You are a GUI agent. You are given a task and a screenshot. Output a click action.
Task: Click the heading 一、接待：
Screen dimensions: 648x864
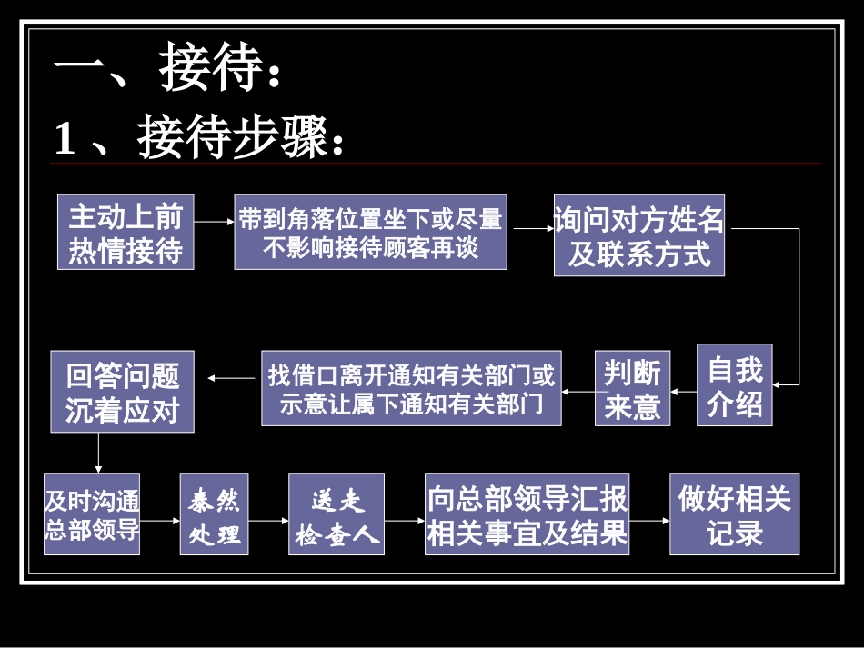click(x=168, y=71)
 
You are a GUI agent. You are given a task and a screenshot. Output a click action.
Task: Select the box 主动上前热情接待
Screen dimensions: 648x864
click(x=126, y=232)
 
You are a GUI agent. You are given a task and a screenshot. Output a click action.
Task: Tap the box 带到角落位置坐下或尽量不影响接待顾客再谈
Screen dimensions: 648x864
click(x=370, y=232)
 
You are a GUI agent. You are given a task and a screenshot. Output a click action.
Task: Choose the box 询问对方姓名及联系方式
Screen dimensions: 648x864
click(x=639, y=235)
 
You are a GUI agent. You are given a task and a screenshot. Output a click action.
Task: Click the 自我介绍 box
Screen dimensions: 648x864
click(x=735, y=384)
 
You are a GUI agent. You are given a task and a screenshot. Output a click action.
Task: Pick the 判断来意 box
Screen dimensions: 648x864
click(x=632, y=388)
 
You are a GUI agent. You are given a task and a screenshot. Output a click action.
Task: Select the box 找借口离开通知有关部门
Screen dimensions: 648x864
click(x=411, y=388)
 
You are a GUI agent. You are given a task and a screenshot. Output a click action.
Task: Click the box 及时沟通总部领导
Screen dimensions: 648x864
click(x=93, y=513)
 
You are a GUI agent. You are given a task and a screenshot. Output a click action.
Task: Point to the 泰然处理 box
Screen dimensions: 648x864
click(x=215, y=513)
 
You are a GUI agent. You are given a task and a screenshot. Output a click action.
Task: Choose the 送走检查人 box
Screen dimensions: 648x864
click(x=337, y=513)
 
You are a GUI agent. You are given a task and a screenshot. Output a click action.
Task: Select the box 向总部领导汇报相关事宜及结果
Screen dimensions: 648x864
click(x=527, y=513)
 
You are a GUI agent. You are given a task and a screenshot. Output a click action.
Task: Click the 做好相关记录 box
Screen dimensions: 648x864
click(x=735, y=513)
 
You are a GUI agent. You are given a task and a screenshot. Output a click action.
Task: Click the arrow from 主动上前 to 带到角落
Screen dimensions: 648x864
click(x=215, y=221)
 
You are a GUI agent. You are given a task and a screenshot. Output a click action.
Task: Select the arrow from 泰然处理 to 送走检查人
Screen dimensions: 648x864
click(x=268, y=522)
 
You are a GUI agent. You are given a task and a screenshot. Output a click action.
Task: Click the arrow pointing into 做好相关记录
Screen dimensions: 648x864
click(x=649, y=522)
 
